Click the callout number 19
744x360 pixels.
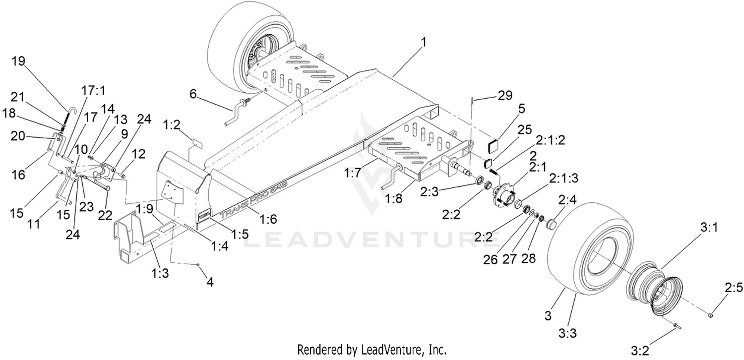[x=18, y=61]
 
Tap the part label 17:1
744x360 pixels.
[x=93, y=90]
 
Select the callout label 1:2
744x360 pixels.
[x=172, y=125]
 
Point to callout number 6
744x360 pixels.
[x=193, y=94]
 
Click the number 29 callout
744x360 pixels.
[x=505, y=95]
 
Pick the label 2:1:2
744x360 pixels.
[x=550, y=140]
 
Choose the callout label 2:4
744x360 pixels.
[x=567, y=200]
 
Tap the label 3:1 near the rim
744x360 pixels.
[x=709, y=228]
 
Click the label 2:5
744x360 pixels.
[x=734, y=288]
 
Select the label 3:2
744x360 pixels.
[x=640, y=350]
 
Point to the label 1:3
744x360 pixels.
[x=160, y=273]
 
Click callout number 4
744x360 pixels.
[x=210, y=282]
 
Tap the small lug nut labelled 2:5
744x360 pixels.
[x=710, y=314]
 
